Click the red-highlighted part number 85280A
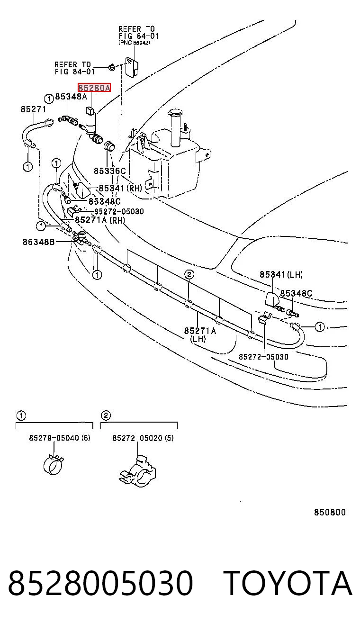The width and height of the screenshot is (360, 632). (94, 88)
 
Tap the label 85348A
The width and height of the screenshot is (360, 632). (71, 97)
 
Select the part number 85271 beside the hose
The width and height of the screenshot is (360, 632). (33, 109)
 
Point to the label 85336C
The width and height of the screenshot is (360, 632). (110, 171)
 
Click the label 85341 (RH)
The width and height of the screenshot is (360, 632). (120, 188)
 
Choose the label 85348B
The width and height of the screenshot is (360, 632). (39, 242)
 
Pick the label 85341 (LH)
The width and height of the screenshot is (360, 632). (281, 274)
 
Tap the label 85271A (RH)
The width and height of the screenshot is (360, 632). (99, 220)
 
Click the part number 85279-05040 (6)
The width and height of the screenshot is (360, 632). (60, 438)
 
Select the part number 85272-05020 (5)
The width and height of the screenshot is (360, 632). (143, 438)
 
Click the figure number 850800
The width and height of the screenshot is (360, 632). (330, 512)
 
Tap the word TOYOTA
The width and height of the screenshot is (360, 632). (288, 583)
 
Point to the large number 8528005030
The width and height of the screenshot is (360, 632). (100, 583)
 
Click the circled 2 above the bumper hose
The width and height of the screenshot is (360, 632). (189, 274)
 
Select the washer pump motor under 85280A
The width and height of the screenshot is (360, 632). (91, 122)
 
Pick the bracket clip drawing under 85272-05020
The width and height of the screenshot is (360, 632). (138, 470)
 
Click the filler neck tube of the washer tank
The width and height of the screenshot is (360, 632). (175, 128)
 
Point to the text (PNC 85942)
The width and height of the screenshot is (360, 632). (135, 43)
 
